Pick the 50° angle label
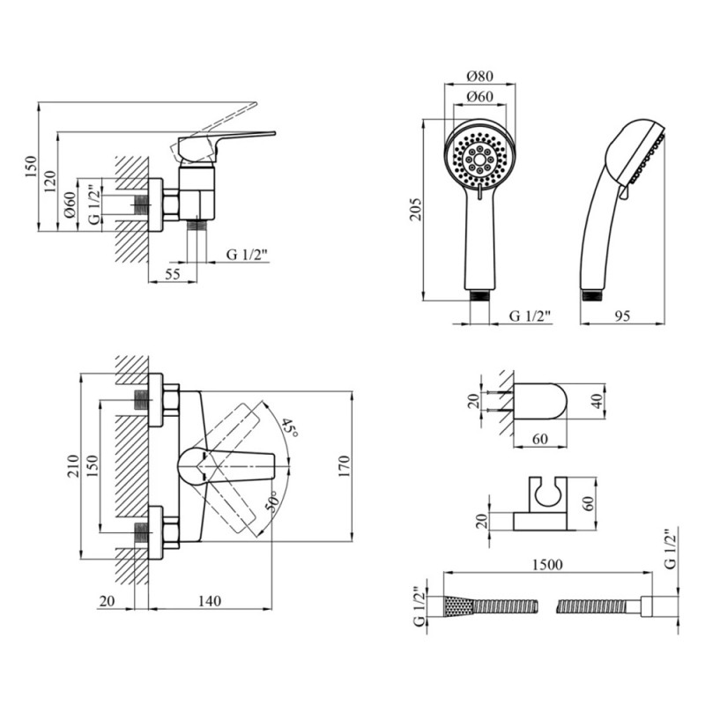[x=273, y=502]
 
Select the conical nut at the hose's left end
[x=457, y=606]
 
